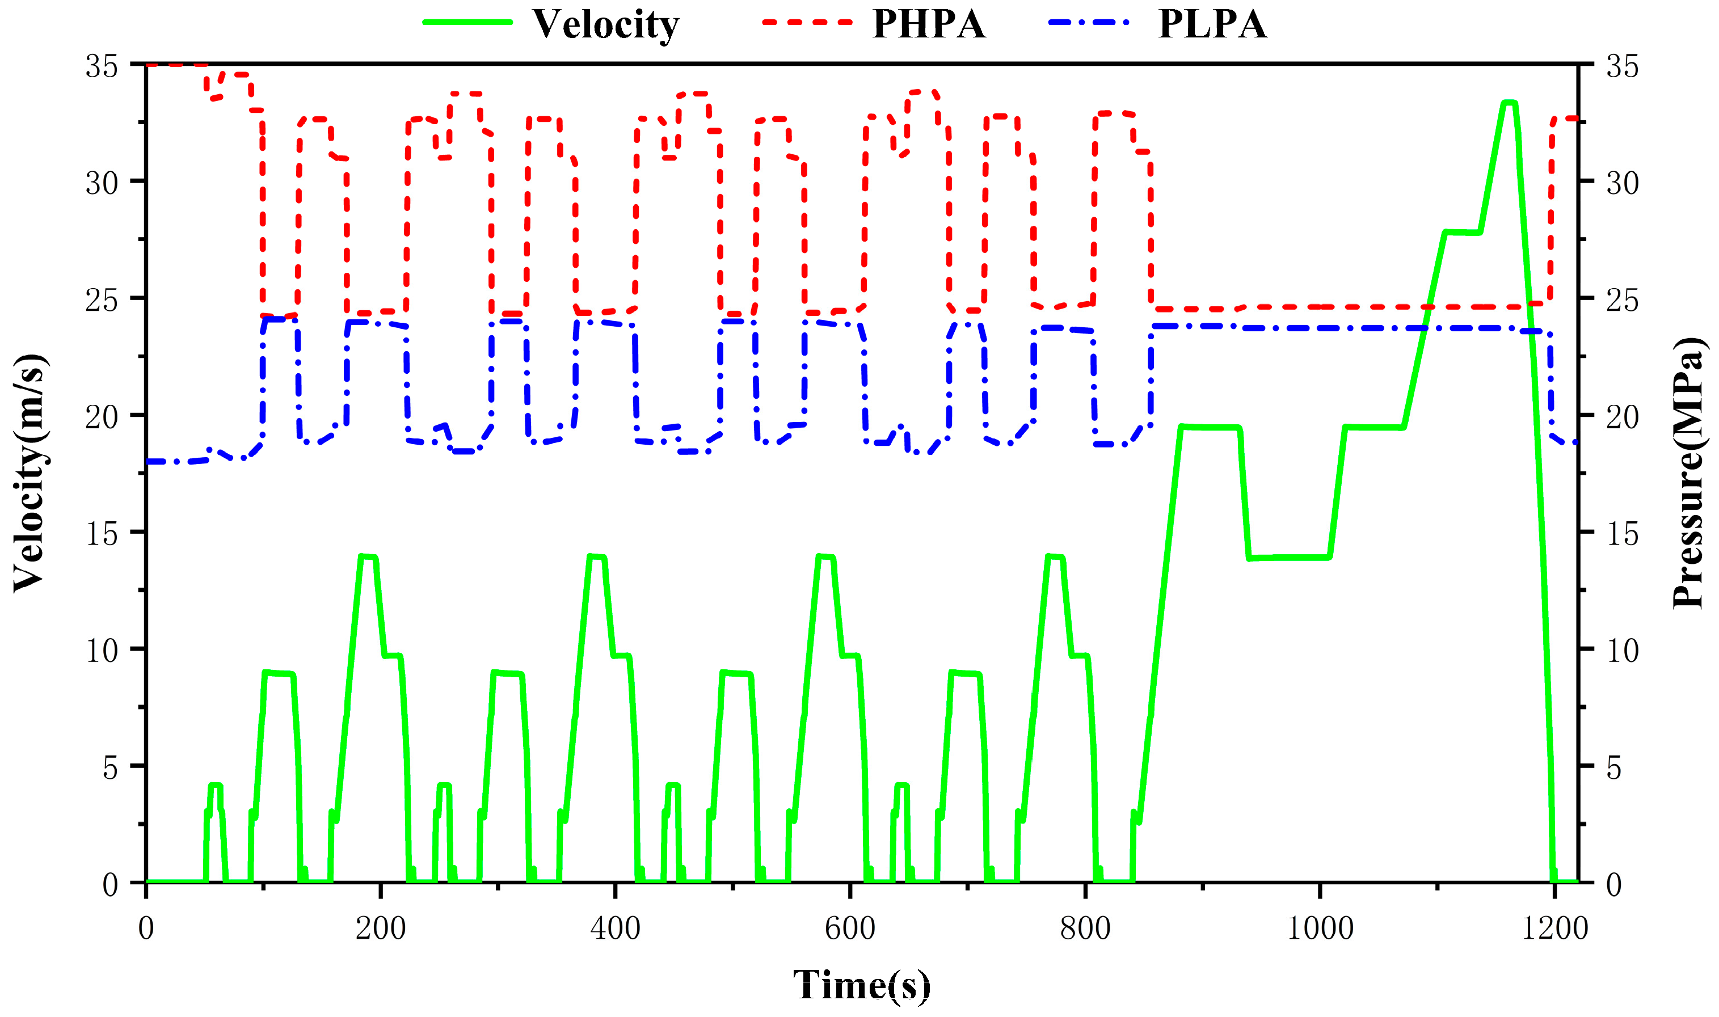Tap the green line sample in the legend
[467, 22]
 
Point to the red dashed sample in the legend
[807, 22]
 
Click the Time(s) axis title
[862, 985]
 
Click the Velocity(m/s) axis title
[29, 473]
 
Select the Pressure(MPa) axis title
[1687, 473]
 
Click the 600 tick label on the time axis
[850, 929]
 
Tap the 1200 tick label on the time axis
[1554, 929]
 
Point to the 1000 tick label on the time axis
[1320, 929]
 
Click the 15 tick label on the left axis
[102, 534]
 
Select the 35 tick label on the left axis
[102, 66]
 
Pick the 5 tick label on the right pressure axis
[1614, 767]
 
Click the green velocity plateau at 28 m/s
[1462, 233]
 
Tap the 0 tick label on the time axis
[146, 929]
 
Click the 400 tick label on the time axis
[615, 929]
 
